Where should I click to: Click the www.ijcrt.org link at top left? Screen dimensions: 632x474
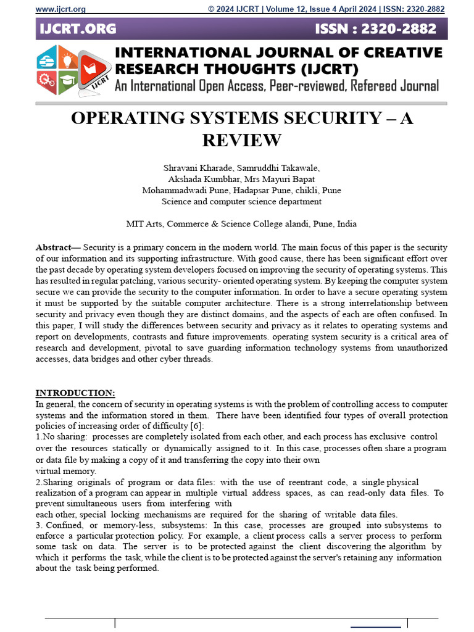(x=60, y=9)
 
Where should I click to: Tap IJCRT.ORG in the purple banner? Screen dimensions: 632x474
(x=78, y=29)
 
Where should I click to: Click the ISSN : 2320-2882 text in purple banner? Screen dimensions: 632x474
(x=376, y=29)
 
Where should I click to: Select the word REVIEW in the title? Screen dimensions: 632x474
(x=241, y=140)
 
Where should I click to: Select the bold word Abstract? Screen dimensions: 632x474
(x=53, y=247)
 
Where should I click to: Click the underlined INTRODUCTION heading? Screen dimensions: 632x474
(x=75, y=393)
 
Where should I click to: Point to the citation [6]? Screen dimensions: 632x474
(x=196, y=426)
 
